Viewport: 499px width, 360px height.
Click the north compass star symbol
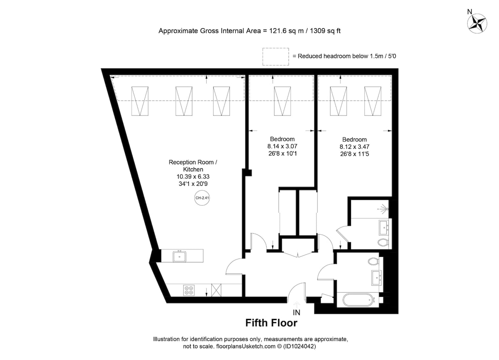click(477, 23)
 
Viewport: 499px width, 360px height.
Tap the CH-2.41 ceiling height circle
click(202, 198)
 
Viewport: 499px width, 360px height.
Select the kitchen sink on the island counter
click(180, 256)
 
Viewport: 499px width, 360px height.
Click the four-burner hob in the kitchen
click(189, 290)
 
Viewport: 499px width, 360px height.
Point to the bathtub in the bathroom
click(358, 300)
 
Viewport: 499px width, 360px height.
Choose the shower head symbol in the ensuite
click(385, 209)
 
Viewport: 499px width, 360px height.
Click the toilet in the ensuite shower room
click(383, 242)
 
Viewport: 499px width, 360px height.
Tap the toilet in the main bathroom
click(373, 261)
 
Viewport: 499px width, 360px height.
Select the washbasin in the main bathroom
click(376, 278)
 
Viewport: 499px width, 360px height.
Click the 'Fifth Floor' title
click(271, 323)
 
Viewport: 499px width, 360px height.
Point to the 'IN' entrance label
click(296, 313)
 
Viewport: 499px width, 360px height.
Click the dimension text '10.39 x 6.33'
click(193, 177)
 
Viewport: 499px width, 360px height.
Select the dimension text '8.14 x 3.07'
click(282, 146)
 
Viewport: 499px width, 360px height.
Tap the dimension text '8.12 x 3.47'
click(354, 147)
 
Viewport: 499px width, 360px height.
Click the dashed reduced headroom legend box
click(276, 57)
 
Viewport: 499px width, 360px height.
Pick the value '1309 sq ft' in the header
click(325, 31)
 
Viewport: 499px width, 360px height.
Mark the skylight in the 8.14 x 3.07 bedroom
click(282, 101)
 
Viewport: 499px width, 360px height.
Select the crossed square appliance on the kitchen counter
click(216, 290)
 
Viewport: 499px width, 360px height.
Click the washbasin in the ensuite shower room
click(384, 227)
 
